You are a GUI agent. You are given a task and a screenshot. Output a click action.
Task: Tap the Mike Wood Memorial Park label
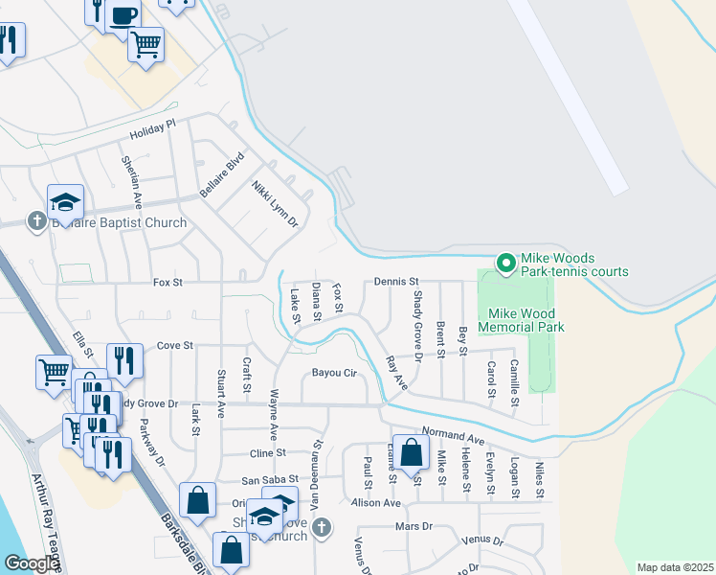pos(526,320)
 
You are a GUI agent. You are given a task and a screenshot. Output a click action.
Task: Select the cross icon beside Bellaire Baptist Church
pos(37,222)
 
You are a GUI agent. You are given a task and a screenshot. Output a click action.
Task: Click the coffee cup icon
pos(123,15)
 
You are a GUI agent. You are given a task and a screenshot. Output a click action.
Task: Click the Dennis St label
pos(396,282)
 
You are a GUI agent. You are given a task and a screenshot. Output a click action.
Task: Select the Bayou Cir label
pos(332,373)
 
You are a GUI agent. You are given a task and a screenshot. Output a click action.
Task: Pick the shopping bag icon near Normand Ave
pos(411,453)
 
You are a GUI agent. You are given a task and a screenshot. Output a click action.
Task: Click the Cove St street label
pos(175,345)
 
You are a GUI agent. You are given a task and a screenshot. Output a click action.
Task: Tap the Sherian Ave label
pos(131,179)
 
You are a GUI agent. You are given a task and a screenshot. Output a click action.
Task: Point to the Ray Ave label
pos(395,373)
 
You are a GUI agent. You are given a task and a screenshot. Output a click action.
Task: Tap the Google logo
pos(31,564)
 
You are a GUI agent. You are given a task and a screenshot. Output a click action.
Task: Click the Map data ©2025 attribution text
pos(674,567)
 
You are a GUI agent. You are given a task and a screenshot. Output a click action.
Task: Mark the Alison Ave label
pos(376,502)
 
